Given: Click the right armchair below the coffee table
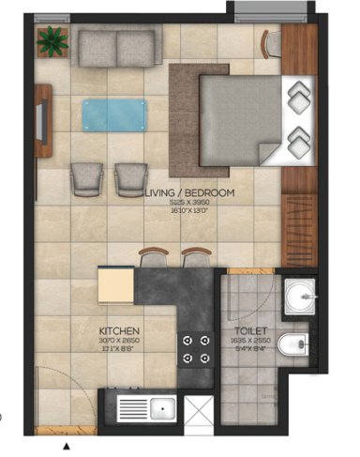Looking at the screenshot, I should [130, 175].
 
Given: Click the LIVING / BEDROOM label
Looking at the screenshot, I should [188, 192].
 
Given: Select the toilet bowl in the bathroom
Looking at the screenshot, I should [294, 344].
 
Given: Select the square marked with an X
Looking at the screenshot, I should [200, 410].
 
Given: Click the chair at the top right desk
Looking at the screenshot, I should [272, 41].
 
